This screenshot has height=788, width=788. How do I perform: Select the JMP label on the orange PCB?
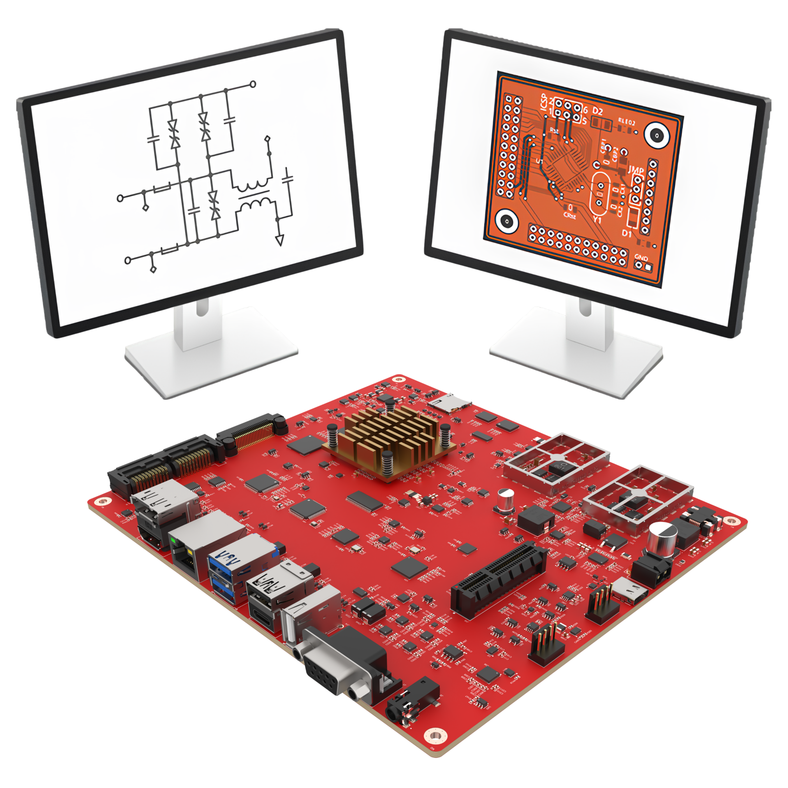point(636,170)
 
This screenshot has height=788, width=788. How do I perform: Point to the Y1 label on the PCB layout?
point(597,219)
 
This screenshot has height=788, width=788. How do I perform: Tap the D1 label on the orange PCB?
point(626,232)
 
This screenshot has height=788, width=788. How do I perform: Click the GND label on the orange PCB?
point(641,257)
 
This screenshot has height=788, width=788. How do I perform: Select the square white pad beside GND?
point(649,267)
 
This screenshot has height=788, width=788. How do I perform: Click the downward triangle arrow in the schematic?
point(279,240)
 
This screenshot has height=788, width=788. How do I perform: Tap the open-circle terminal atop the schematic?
point(253,84)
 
